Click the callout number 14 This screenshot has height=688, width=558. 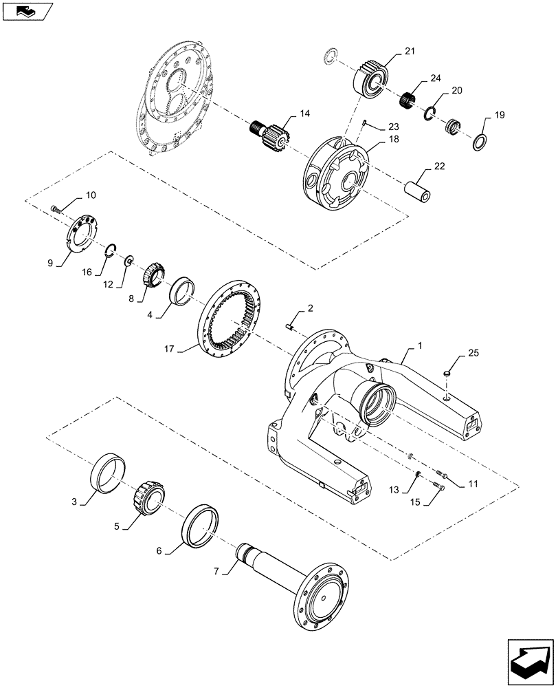click(x=304, y=112)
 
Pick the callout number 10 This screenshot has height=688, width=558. click(x=91, y=195)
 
